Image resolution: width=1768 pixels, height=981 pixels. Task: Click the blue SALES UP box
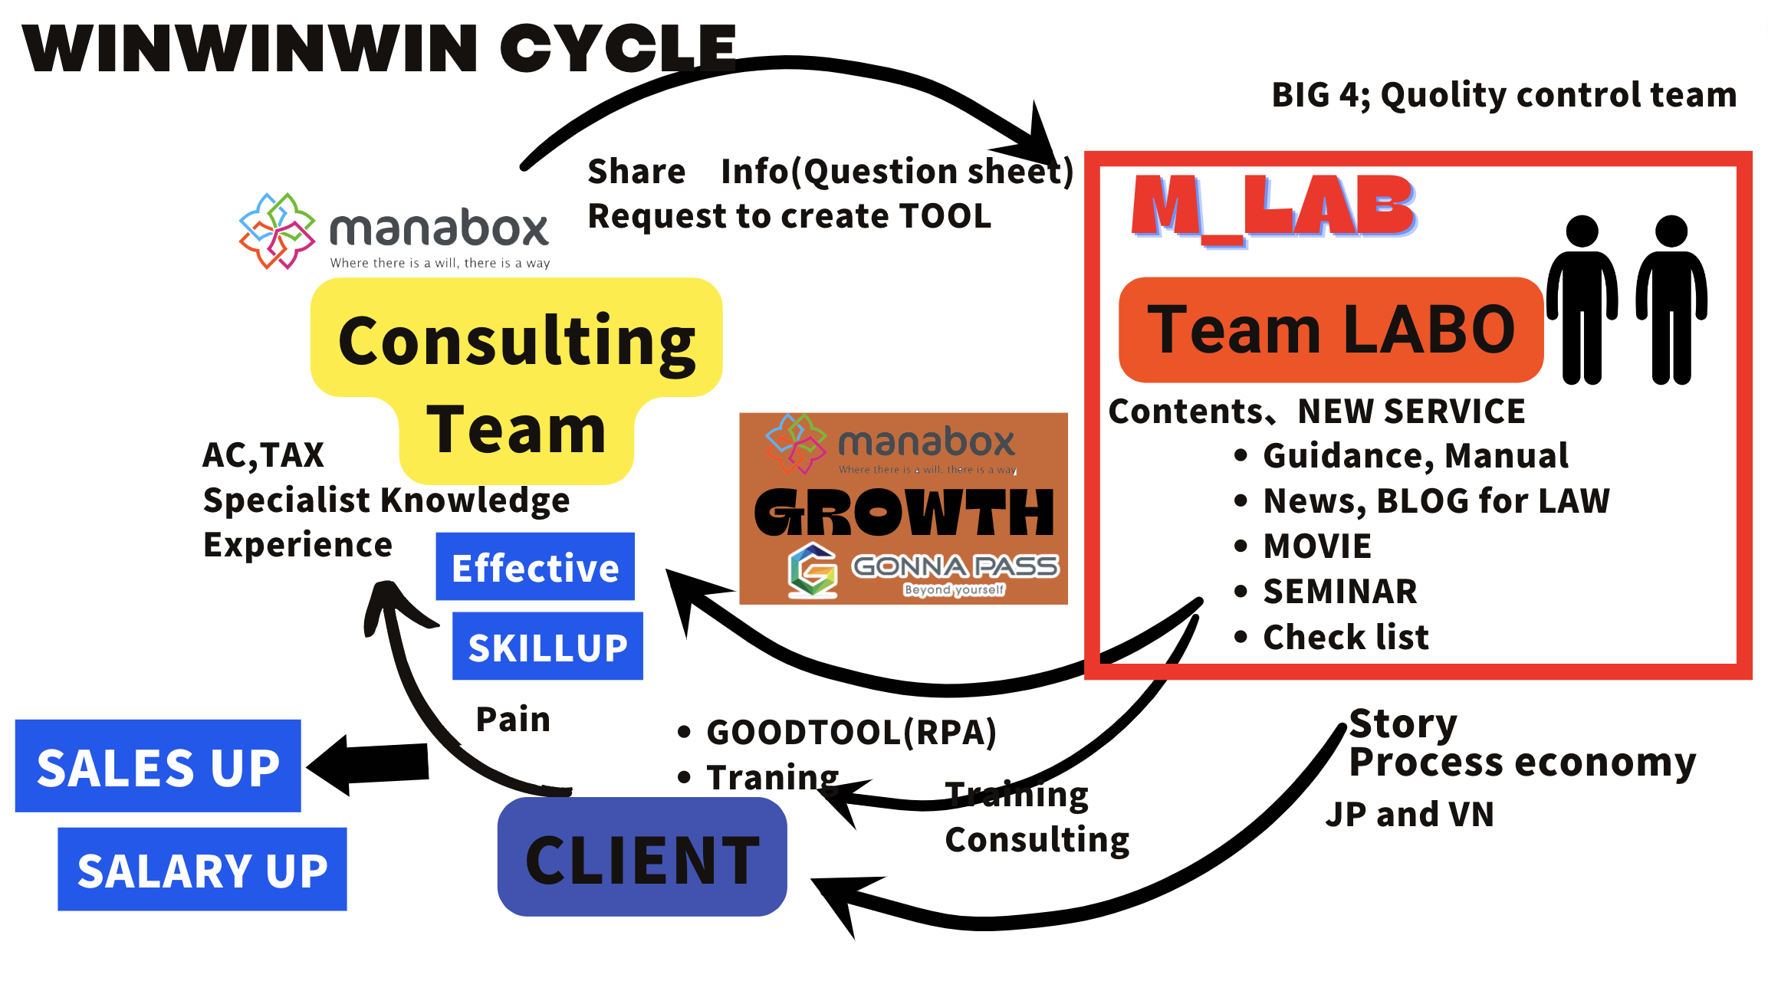pos(158,766)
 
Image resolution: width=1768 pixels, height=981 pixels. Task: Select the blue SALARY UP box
pos(202,869)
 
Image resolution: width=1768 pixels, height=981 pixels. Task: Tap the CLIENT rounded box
pos(642,857)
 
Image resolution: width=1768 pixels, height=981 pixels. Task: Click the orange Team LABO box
pos(1331,330)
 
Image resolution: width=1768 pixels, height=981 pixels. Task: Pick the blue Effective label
pos(535,566)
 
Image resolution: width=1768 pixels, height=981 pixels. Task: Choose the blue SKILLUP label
pos(547,646)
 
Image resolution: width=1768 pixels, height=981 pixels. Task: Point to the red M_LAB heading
pos(1273,205)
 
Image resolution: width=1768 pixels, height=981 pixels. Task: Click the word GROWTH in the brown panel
pos(904,512)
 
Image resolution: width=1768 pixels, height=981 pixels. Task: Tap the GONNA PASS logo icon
pos(813,569)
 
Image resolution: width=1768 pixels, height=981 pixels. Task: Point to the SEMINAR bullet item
pos(1339,591)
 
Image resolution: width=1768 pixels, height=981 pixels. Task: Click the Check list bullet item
pos(1346,637)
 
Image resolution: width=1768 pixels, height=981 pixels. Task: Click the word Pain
pos(513,719)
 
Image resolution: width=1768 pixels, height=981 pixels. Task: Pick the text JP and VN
pos(1409,814)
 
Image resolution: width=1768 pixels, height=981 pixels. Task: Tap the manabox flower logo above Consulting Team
pos(277,231)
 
